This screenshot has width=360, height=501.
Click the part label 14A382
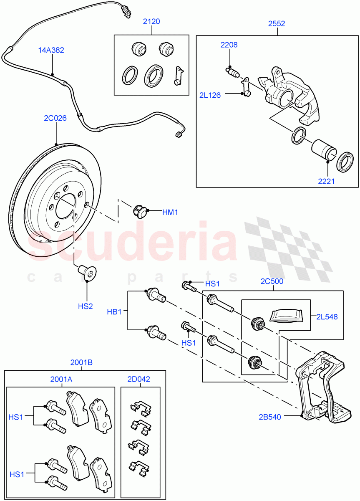(52, 50)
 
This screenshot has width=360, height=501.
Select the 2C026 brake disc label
(55, 118)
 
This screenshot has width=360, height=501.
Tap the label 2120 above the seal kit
(151, 22)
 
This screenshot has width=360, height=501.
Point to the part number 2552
(277, 24)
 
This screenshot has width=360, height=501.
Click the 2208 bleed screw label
(229, 45)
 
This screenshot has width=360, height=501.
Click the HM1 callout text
(170, 213)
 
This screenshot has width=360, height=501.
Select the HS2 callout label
(86, 306)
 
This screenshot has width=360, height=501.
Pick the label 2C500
(272, 281)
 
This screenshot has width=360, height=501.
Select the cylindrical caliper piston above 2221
(323, 148)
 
